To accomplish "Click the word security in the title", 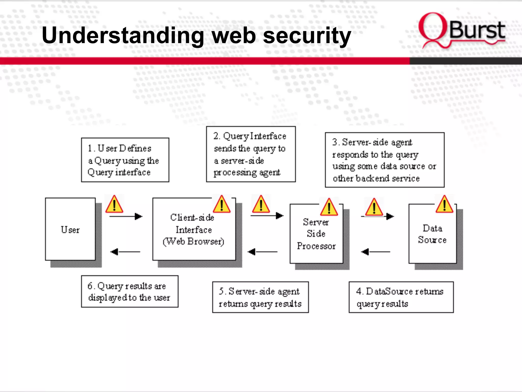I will click(307, 36).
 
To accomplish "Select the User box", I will click(70, 229).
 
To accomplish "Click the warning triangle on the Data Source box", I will click(444, 204).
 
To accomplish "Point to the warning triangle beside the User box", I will click(114, 204).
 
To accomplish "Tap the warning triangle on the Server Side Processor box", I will click(329, 207).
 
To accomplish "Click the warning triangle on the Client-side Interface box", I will click(221, 204).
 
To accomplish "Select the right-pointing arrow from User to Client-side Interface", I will click(126, 216).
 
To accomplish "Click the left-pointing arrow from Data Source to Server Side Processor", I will click(375, 252).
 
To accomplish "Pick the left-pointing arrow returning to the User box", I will click(125, 252).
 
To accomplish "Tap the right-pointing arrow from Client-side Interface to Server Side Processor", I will click(267, 216).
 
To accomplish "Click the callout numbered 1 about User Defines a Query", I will click(125, 160).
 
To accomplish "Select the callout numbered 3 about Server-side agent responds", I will click(384, 160).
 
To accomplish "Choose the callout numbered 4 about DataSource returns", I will click(401, 297).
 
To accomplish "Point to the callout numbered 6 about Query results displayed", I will click(129, 291).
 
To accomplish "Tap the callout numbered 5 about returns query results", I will click(260, 297).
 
